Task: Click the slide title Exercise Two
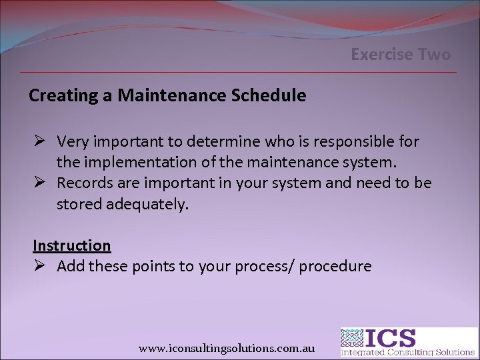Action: [401, 54]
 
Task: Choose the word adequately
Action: [148, 204]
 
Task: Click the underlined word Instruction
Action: [72, 245]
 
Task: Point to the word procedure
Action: [335, 267]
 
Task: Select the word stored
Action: [79, 204]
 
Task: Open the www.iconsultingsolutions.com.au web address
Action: [227, 348]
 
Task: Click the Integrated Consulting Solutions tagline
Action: [408, 352]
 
